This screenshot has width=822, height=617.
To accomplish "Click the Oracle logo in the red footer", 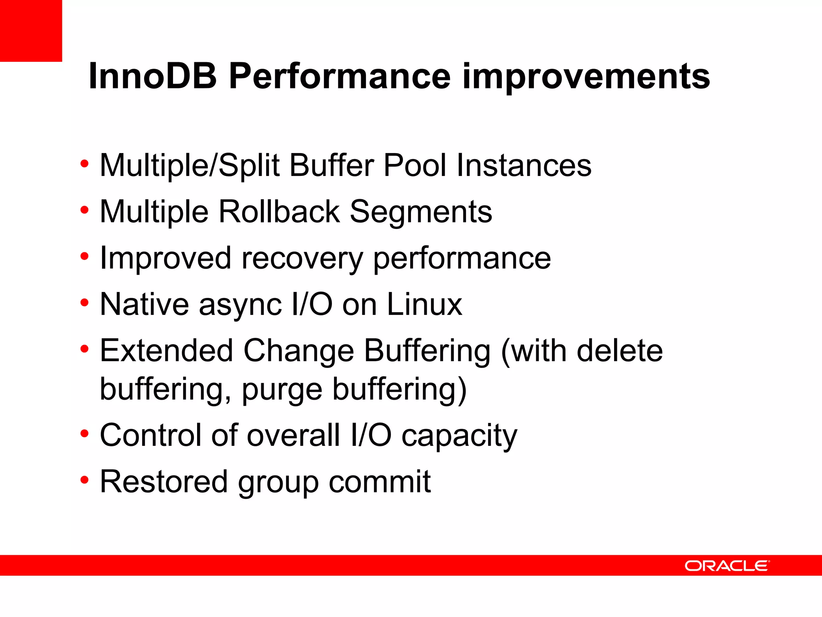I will click(x=727, y=566).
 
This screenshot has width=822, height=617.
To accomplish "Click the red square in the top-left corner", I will click(x=31, y=31).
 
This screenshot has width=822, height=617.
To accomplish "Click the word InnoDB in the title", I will click(x=153, y=76).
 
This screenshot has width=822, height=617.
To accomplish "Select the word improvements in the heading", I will click(x=586, y=77).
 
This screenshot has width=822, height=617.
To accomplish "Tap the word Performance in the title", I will click(x=340, y=76).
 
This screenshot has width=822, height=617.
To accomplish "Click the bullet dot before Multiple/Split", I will click(x=84, y=163).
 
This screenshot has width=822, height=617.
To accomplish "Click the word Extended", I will click(x=166, y=351).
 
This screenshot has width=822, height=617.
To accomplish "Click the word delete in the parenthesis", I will click(x=619, y=351).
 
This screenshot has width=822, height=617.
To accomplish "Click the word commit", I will click(x=380, y=482).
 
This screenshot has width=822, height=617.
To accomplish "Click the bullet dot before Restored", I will click(x=84, y=480).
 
